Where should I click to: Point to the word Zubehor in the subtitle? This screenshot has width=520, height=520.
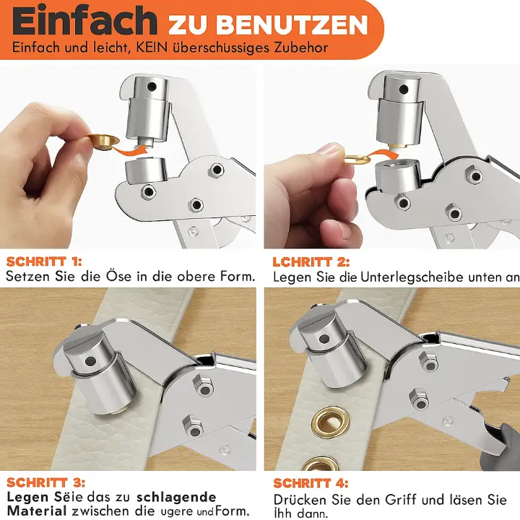[300, 47]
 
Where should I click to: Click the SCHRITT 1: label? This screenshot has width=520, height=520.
[45, 261]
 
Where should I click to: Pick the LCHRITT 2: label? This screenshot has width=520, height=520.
[311, 261]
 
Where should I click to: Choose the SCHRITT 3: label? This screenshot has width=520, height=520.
[46, 482]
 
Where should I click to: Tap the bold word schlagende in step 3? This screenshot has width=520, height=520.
[177, 497]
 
